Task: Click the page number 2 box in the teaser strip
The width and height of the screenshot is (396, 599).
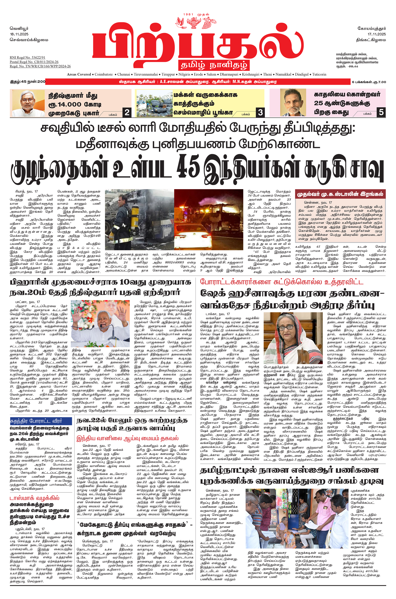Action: coord(127,112)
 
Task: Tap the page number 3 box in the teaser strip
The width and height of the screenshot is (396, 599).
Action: coord(260,112)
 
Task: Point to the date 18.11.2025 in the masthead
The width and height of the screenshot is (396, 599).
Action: coord(19,34)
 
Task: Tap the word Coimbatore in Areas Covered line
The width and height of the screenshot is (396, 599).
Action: coord(104,74)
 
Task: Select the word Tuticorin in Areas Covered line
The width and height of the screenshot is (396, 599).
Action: coord(319,74)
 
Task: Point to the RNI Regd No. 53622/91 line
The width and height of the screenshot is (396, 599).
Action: coord(27,57)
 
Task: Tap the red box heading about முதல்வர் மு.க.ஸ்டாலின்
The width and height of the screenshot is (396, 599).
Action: coord(340,194)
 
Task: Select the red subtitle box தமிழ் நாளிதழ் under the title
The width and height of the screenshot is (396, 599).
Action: coord(214,65)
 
